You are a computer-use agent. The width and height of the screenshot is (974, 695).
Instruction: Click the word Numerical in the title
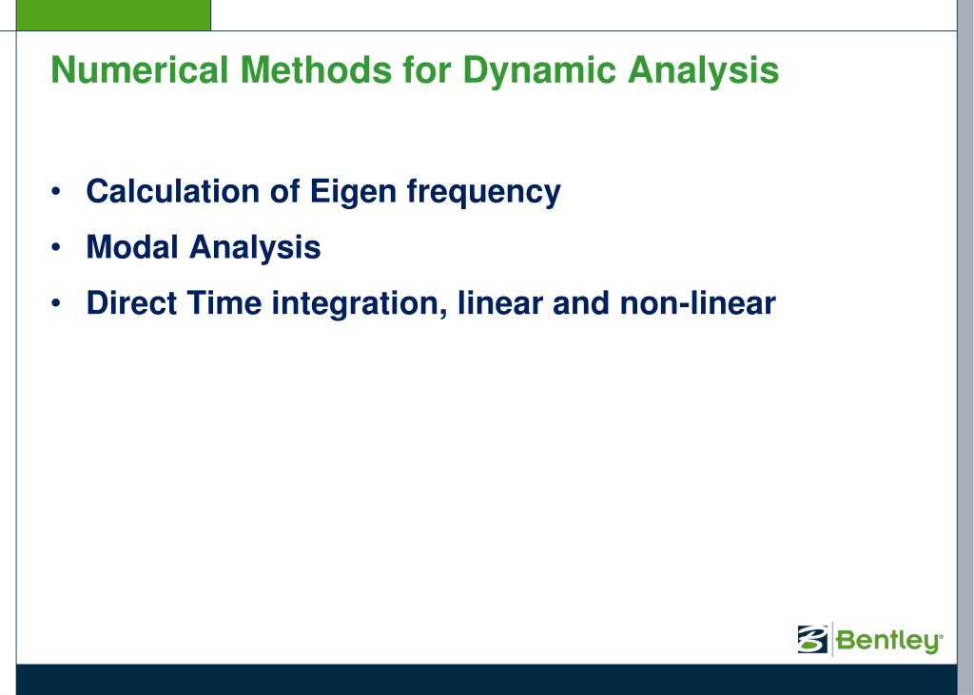(x=140, y=69)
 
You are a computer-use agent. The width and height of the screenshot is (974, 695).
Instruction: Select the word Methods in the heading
(x=316, y=69)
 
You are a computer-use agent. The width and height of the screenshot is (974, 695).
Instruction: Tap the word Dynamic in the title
(x=539, y=70)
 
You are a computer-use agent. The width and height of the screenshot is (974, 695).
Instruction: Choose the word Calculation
(x=173, y=191)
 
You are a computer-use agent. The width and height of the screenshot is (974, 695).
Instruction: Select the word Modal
(x=132, y=246)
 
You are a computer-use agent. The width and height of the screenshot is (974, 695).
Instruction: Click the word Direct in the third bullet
(x=131, y=302)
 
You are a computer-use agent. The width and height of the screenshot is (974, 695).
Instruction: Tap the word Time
(x=224, y=302)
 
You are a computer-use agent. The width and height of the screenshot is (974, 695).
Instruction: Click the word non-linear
(x=697, y=302)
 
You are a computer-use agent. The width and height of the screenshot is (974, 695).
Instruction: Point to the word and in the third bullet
(x=581, y=302)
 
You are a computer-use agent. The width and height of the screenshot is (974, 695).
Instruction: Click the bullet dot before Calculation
(x=56, y=191)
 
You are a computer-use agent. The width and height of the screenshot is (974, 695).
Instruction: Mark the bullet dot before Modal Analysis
(x=56, y=247)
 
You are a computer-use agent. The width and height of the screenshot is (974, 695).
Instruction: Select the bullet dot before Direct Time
(x=56, y=303)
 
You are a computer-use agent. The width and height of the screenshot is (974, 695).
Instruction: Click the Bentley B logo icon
(x=812, y=639)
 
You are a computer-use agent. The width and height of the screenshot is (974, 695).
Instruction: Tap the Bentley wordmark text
(x=889, y=641)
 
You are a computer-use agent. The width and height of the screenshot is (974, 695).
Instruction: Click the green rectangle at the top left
(x=113, y=15)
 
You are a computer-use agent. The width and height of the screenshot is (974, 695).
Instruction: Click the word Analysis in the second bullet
(x=255, y=248)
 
